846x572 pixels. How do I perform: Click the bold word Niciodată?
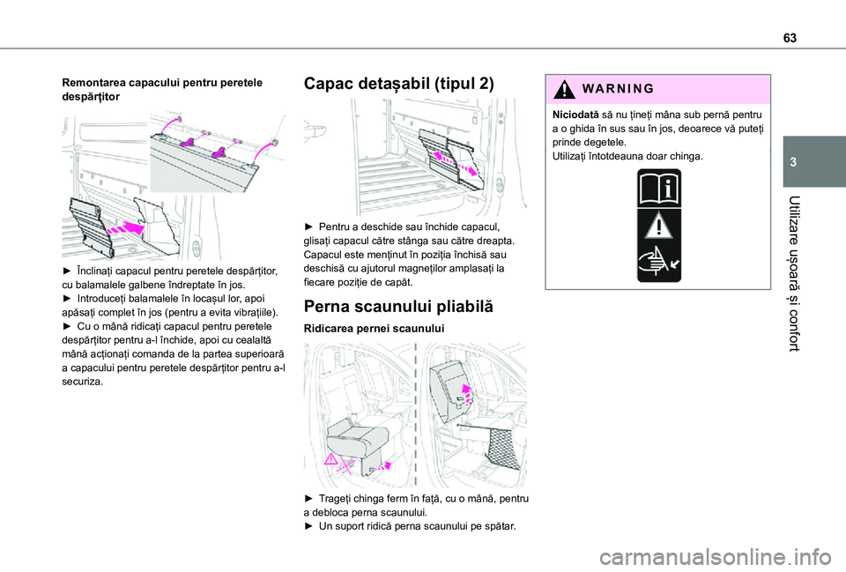click(x=575, y=115)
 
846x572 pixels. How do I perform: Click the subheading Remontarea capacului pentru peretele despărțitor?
click(x=161, y=88)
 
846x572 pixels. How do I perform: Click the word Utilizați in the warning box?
click(x=573, y=156)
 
